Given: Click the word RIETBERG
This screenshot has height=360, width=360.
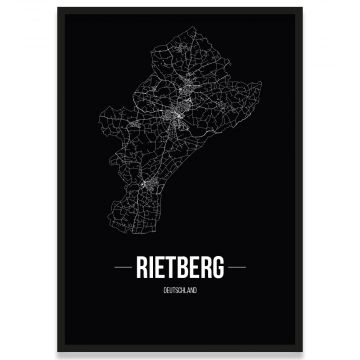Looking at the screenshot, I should click(181, 269).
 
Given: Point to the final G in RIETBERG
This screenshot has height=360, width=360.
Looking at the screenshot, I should click(217, 269).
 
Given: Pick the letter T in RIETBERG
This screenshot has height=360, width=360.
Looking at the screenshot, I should click(174, 269).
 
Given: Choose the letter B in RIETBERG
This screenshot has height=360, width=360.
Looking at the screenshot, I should click(185, 269).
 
